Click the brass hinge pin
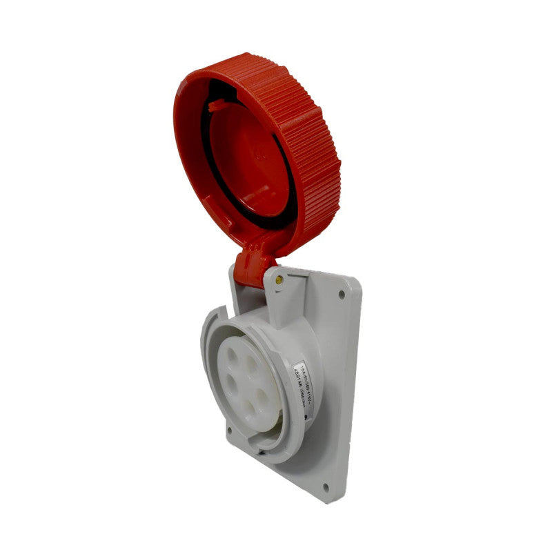(x=278, y=280)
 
